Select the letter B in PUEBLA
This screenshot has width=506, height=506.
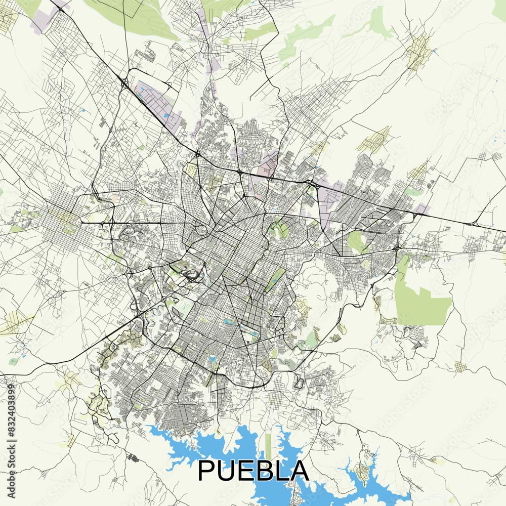(268, 471)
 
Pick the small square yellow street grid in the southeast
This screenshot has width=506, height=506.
(460, 367)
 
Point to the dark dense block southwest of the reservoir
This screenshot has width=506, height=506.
(132, 458)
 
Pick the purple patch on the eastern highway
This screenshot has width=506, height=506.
(423, 208)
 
